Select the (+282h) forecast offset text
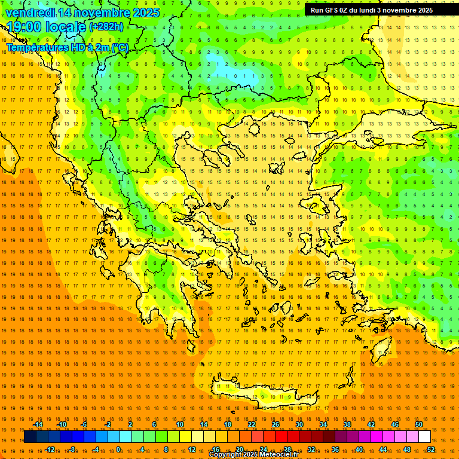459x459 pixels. click(x=106, y=27)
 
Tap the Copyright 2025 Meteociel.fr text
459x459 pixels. click(x=253, y=455)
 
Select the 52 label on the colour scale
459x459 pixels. click(x=431, y=449)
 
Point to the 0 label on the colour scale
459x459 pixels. click(x=119, y=449)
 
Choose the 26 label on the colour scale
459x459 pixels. click(x=276, y=424)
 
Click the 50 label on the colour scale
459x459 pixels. click(x=419, y=424)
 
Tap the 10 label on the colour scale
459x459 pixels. click(x=180, y=424)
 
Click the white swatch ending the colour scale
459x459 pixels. click(x=425, y=437)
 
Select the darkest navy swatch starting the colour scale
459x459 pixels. click(x=30, y=437)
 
